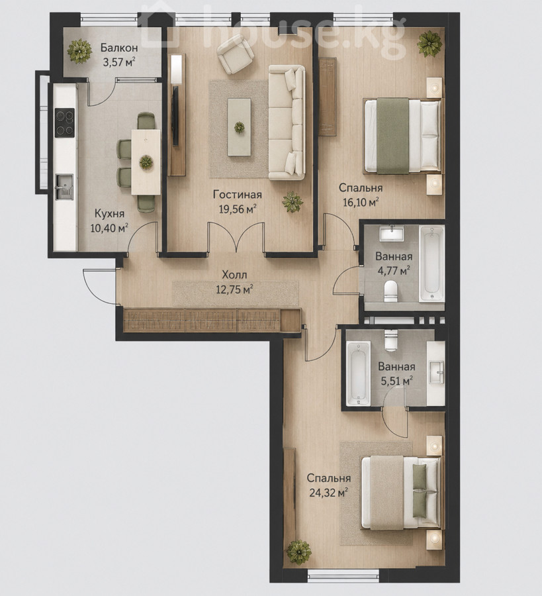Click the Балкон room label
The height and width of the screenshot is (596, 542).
[x=119, y=48]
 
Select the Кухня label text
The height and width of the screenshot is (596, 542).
[x=109, y=214]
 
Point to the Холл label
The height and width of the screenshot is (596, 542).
[x=234, y=275]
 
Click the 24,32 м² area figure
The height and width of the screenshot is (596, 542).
[x=329, y=493]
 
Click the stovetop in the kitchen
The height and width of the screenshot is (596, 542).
[x=65, y=123]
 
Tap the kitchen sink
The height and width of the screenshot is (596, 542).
[x=64, y=187]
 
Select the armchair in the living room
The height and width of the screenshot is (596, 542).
[x=236, y=54]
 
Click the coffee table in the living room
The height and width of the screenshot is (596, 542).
[x=239, y=127]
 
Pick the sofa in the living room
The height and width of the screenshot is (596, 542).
[x=287, y=122]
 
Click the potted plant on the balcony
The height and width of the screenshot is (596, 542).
[x=79, y=50]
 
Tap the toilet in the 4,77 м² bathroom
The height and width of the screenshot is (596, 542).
[x=390, y=291]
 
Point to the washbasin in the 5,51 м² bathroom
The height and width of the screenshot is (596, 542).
[x=436, y=373]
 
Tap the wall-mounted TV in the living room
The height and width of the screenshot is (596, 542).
[x=175, y=116]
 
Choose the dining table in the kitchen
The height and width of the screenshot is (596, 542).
[x=146, y=162]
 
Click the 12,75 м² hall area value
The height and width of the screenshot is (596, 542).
[x=235, y=289]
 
